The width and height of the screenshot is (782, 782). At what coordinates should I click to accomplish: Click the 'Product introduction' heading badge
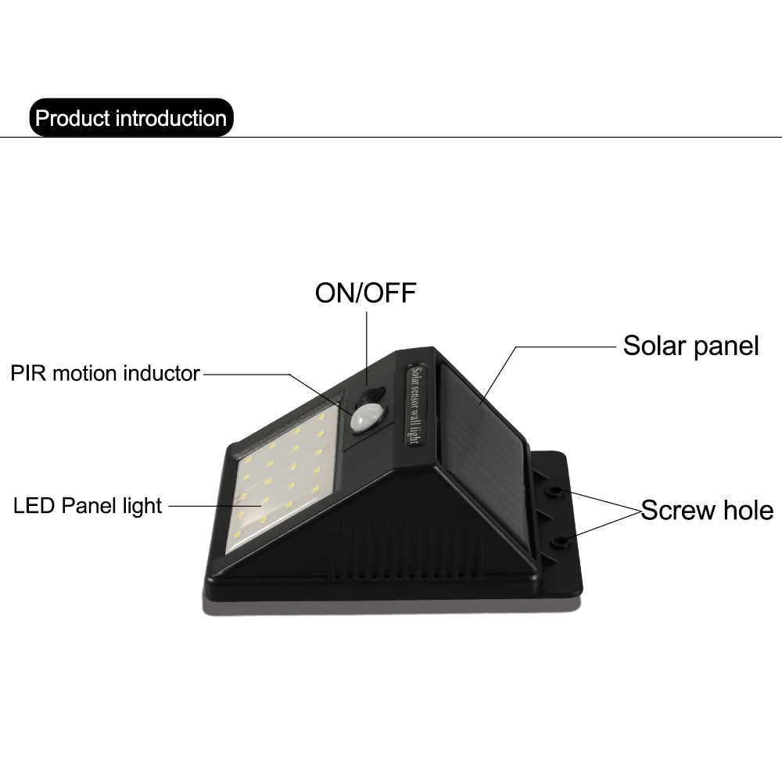coord(131,119)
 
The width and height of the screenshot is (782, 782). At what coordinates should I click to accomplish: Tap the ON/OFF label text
coord(366,293)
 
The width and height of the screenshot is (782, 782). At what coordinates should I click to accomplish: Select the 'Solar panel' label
coord(691,346)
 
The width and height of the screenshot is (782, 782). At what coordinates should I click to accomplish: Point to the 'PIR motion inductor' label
coord(106,373)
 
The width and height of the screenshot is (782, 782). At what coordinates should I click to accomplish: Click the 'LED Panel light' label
coord(88,506)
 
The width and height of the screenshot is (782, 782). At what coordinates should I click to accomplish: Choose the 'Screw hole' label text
coord(707,511)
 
